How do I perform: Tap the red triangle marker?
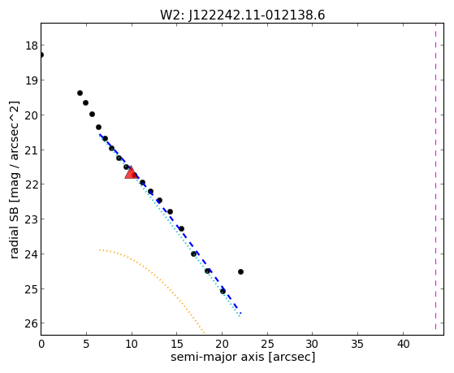point(131,173)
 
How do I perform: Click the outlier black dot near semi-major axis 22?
point(240,272)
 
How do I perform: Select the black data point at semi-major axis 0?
point(41,54)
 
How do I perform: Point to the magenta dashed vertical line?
point(435,176)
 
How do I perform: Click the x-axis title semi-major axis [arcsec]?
point(243,357)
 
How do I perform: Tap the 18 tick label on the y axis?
point(32,46)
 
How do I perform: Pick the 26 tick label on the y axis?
point(32,323)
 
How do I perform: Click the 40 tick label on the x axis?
point(403,345)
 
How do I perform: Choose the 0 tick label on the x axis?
point(41,345)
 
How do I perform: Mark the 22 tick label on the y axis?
point(32,184)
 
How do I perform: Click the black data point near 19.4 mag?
point(80,93)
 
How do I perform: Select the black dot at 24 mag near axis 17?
point(194,254)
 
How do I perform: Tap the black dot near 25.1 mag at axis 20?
point(223,291)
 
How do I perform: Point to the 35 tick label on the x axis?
point(357,345)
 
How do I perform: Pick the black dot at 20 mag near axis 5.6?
point(92,115)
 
